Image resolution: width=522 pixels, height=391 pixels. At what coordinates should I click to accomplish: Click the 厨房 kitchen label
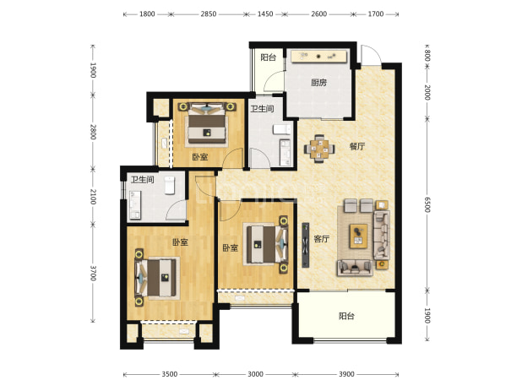tap(319, 83)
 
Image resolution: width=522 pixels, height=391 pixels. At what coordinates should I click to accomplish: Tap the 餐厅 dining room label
tap(357, 146)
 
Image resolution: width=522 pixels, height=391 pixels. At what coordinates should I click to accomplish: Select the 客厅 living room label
tap(321, 239)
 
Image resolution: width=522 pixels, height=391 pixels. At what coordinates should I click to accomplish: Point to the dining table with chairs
tap(319, 149)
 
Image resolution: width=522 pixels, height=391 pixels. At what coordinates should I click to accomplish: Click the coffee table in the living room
tap(358, 236)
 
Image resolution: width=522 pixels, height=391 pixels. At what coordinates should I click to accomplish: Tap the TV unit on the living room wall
tap(305, 245)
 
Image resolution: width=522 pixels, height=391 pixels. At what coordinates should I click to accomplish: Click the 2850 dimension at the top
tap(209, 14)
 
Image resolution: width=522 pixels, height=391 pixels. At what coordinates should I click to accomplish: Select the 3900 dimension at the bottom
tap(346, 374)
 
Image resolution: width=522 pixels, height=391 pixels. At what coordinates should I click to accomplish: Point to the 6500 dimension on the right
tap(427, 204)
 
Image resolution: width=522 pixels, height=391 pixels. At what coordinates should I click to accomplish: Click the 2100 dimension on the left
tap(93, 197)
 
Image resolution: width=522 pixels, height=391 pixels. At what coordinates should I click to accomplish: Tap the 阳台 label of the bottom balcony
tap(346, 316)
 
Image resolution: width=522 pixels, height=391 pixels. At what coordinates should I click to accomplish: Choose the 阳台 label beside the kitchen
tap(268, 57)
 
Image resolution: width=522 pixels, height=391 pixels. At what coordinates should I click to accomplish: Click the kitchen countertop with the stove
tap(318, 57)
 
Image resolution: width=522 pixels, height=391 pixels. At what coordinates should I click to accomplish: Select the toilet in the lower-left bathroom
tap(170, 185)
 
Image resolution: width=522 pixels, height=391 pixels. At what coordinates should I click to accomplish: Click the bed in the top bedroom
tap(207, 122)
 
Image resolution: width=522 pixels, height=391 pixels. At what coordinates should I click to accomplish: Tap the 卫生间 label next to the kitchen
tap(262, 109)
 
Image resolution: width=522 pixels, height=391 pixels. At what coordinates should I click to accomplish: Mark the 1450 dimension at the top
tap(265, 14)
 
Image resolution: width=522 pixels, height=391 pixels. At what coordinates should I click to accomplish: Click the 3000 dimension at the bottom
tap(255, 374)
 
